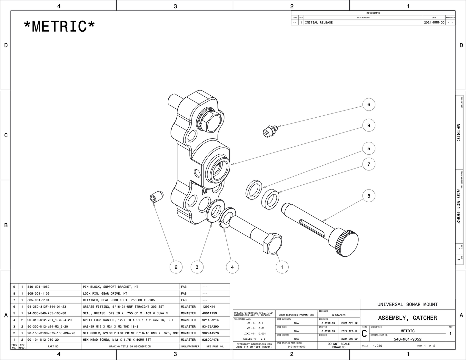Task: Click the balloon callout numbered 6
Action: pos(369,104)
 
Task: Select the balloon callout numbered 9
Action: pos(369,125)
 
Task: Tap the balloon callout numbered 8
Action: pos(369,196)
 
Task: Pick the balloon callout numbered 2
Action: pos(176,267)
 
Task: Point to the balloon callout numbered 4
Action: pos(232,267)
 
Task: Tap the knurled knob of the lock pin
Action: pos(347,242)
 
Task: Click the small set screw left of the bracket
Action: pos(156,197)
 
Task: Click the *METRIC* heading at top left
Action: pos(60,26)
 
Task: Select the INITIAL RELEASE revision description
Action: pos(319,23)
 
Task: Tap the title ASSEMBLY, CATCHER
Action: pos(407,318)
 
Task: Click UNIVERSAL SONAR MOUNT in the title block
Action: pos(407,304)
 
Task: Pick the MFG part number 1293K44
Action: pos(209,307)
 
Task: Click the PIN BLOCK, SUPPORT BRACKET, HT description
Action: pos(110,287)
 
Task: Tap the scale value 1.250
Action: pos(377,346)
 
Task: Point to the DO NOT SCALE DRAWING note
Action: pos(339,345)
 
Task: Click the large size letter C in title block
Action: pos(364,334)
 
